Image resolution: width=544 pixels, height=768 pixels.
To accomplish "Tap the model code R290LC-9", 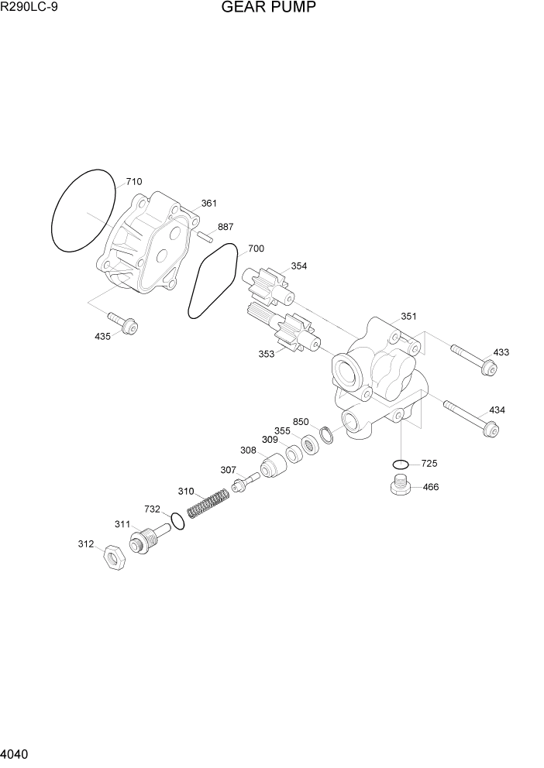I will [x=28, y=9].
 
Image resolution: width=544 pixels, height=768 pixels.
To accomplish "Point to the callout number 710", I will [x=133, y=182].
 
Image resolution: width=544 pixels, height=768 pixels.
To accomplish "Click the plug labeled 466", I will [x=398, y=489].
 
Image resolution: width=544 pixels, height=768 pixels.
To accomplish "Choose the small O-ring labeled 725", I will [x=400, y=465].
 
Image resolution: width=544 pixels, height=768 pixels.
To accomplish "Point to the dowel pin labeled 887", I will [x=205, y=236].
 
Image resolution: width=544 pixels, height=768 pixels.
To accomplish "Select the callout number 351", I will [x=408, y=317].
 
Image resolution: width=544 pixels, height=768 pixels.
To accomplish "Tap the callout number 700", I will [x=256, y=249].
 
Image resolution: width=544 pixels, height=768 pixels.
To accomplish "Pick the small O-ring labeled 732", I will [x=178, y=521].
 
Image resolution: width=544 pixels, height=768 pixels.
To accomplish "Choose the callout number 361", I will [x=208, y=204].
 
